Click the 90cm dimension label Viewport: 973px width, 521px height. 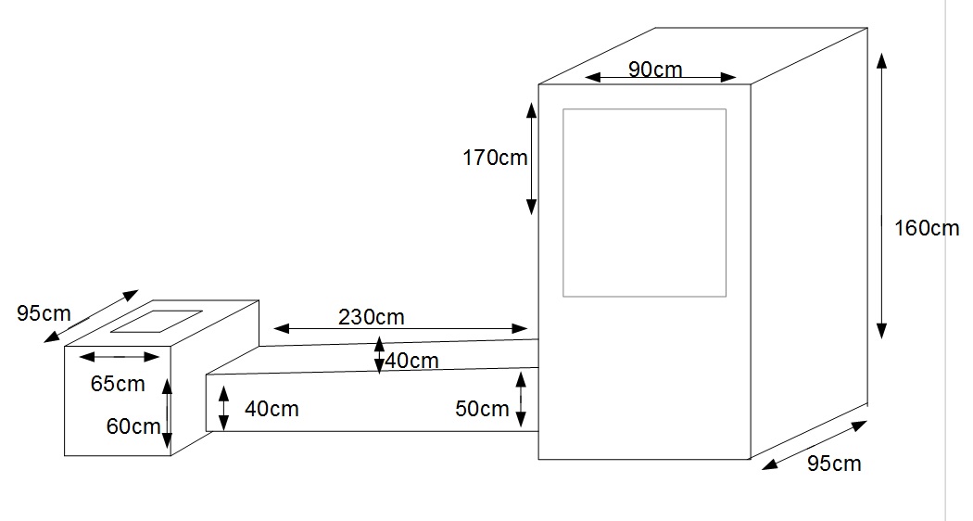point(655,69)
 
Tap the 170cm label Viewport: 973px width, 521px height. point(495,158)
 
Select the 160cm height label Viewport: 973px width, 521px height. point(926,227)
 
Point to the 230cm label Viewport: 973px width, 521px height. point(371,316)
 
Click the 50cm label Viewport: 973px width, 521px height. point(482,408)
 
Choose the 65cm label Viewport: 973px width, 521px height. point(118,382)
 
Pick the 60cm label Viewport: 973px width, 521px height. point(133,426)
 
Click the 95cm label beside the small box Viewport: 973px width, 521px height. point(44,313)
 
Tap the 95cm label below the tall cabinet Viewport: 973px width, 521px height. point(833,463)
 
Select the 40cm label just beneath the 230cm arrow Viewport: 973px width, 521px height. point(411,361)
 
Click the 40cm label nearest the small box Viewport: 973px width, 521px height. point(272,408)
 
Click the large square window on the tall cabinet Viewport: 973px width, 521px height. point(644,203)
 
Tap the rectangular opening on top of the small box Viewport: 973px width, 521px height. point(157,321)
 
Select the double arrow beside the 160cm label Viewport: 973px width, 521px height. point(881,195)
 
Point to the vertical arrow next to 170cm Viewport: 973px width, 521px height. point(531,158)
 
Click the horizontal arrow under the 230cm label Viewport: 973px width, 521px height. point(400,328)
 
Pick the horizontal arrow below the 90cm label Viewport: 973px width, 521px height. point(661,78)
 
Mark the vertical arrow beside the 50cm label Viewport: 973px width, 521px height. point(521,399)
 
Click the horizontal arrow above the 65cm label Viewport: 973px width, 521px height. point(120,356)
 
